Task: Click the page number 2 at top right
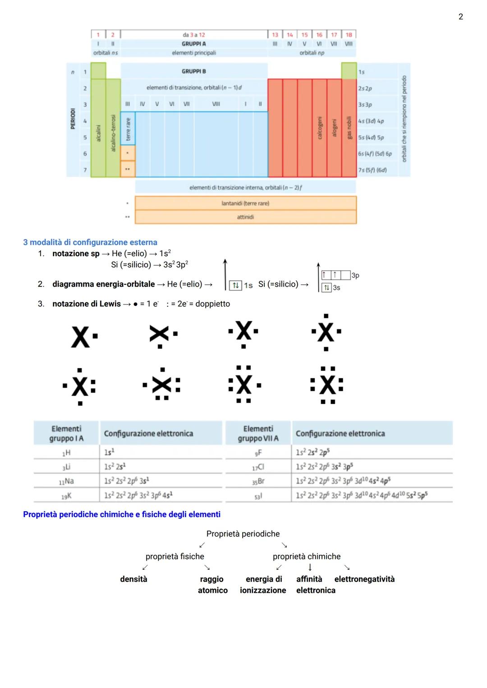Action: tap(460, 17)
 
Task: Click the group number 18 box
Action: tap(349, 35)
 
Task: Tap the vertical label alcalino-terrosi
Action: tap(113, 133)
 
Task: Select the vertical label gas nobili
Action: tap(349, 128)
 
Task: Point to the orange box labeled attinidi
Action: tap(245, 217)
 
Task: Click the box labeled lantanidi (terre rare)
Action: tap(245, 203)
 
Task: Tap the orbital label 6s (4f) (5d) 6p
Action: tap(375, 154)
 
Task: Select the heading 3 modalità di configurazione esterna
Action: tap(90, 242)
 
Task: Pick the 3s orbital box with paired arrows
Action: tap(326, 287)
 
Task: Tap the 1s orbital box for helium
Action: tap(235, 285)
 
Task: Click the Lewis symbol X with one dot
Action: tap(83, 337)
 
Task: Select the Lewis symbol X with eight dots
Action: tap(327, 386)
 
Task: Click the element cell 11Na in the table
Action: tap(66, 481)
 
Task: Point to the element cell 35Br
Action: tap(258, 481)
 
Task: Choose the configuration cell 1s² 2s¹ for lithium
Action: tap(115, 466)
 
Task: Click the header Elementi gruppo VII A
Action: tap(258, 434)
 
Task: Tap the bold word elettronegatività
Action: tap(364, 579)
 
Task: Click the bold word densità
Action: tap(133, 579)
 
